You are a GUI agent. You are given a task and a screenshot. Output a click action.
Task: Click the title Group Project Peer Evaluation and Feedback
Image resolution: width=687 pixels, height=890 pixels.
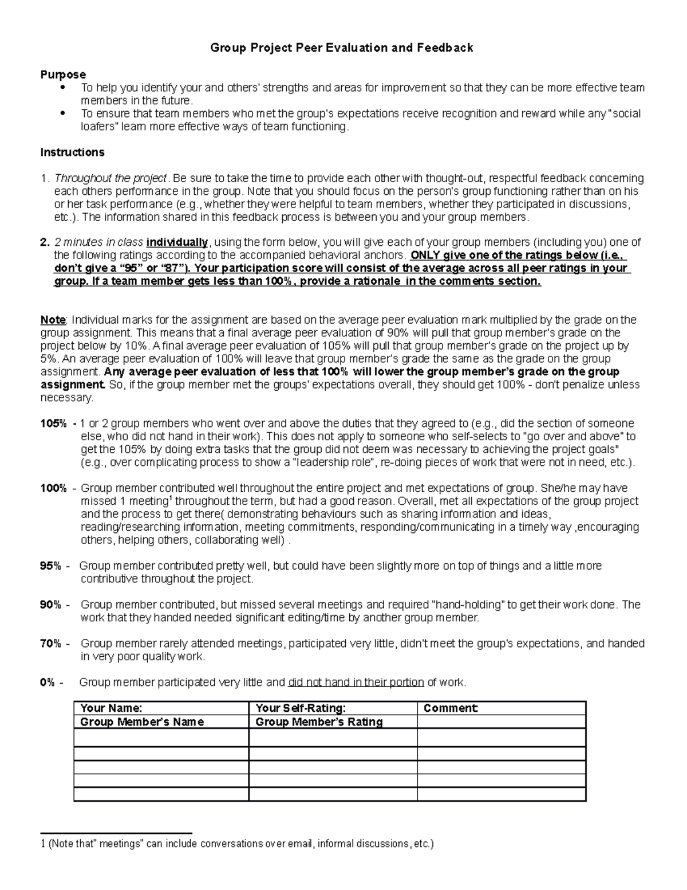pos(342,48)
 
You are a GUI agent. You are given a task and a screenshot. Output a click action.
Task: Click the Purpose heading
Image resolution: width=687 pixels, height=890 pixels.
pos(63,75)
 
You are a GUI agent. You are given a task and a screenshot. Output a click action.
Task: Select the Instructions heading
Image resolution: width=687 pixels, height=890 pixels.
pos(72,152)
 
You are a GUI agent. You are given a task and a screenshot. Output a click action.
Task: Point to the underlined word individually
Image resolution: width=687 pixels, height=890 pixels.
pos(177,242)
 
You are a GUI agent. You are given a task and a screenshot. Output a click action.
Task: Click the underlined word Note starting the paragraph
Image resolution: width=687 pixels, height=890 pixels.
pos(53,320)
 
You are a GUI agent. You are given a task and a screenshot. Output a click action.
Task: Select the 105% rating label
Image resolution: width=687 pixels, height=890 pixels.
pos(53,424)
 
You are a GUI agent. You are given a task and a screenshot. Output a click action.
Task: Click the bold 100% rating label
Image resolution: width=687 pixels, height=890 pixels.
pos(53,488)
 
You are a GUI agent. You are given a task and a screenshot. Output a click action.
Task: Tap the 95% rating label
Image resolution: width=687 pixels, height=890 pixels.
pos(50,566)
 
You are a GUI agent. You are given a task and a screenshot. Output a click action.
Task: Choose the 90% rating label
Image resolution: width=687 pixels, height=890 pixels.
pos(50,605)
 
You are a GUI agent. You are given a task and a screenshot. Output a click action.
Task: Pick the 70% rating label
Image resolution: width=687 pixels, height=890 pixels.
pos(50,644)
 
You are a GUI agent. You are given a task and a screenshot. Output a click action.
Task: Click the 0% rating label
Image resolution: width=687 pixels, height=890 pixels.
pos(48,683)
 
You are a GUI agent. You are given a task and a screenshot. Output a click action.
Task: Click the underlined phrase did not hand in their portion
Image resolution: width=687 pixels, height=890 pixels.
pos(356,683)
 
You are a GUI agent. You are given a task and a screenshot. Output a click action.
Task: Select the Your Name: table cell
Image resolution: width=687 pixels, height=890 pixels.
pos(112,708)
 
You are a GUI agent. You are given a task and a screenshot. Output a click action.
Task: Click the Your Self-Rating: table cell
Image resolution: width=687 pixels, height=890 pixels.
pos(301,708)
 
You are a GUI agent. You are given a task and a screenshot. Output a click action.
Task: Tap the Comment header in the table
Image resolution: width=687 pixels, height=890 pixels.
pos(451,708)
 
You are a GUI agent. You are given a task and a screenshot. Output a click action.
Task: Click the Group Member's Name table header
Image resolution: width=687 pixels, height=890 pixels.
pos(142,722)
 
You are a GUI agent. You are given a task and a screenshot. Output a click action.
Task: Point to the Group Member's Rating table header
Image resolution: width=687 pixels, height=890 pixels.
pos(319,722)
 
